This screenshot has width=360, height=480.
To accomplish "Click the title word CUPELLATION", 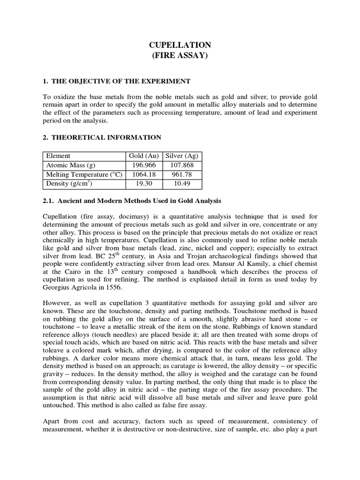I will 180,45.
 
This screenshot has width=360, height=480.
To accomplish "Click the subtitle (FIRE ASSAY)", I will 180,56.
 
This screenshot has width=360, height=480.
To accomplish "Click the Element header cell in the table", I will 58,156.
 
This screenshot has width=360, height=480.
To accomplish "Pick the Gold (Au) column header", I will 144,156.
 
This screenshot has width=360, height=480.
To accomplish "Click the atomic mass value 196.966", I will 144,165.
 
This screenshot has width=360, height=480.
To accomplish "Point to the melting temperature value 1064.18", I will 144,174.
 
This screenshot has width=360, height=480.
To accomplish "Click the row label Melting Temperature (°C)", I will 84,174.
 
